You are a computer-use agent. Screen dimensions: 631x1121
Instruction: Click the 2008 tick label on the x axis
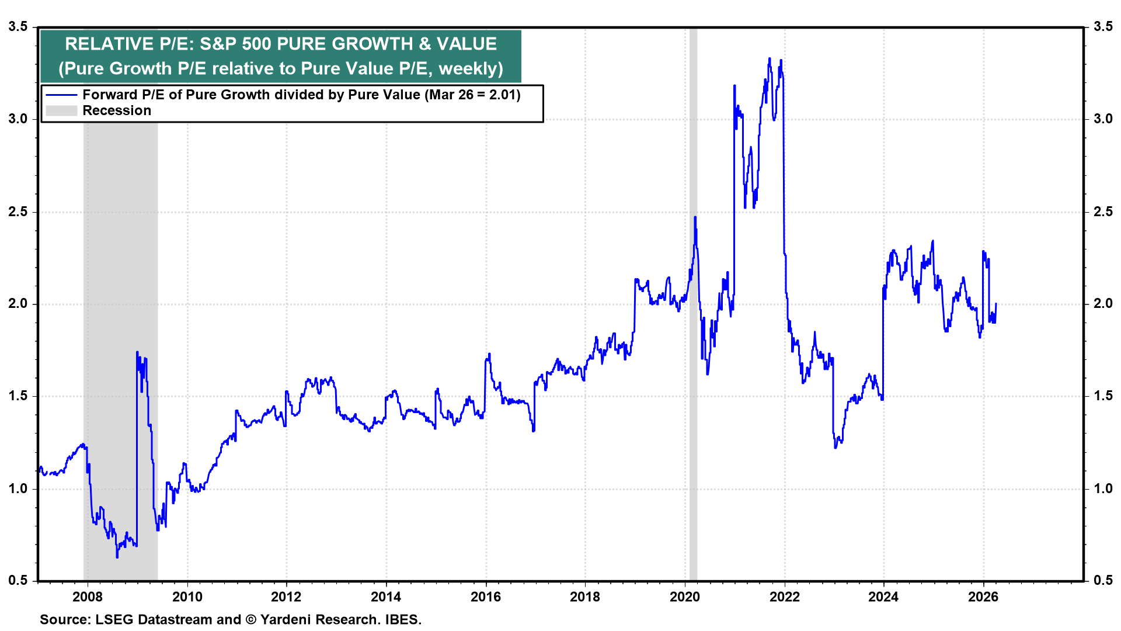(88, 597)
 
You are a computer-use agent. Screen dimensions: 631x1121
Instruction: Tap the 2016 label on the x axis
(486, 597)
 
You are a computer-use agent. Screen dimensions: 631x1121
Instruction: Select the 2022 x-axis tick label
(784, 597)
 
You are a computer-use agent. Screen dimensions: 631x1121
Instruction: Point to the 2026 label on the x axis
(983, 597)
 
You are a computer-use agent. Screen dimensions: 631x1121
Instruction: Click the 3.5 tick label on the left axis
(18, 27)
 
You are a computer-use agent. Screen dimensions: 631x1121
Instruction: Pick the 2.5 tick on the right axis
(1103, 212)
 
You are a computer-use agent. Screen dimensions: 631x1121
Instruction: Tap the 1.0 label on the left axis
(18, 488)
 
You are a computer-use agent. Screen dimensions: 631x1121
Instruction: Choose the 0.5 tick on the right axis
(1103, 580)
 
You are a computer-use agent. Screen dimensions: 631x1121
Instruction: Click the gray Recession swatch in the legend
(61, 110)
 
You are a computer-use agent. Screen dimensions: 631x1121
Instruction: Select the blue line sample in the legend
(61, 95)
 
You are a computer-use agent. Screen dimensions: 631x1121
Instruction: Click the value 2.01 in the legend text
(503, 95)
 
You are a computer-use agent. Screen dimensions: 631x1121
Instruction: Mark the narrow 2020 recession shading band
(693, 409)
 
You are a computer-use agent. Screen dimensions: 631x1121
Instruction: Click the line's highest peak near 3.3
(770, 58)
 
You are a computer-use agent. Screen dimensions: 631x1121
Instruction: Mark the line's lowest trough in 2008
(117, 557)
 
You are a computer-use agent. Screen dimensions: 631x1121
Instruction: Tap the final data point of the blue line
(995, 304)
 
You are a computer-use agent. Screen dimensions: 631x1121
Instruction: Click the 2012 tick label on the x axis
(286, 597)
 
